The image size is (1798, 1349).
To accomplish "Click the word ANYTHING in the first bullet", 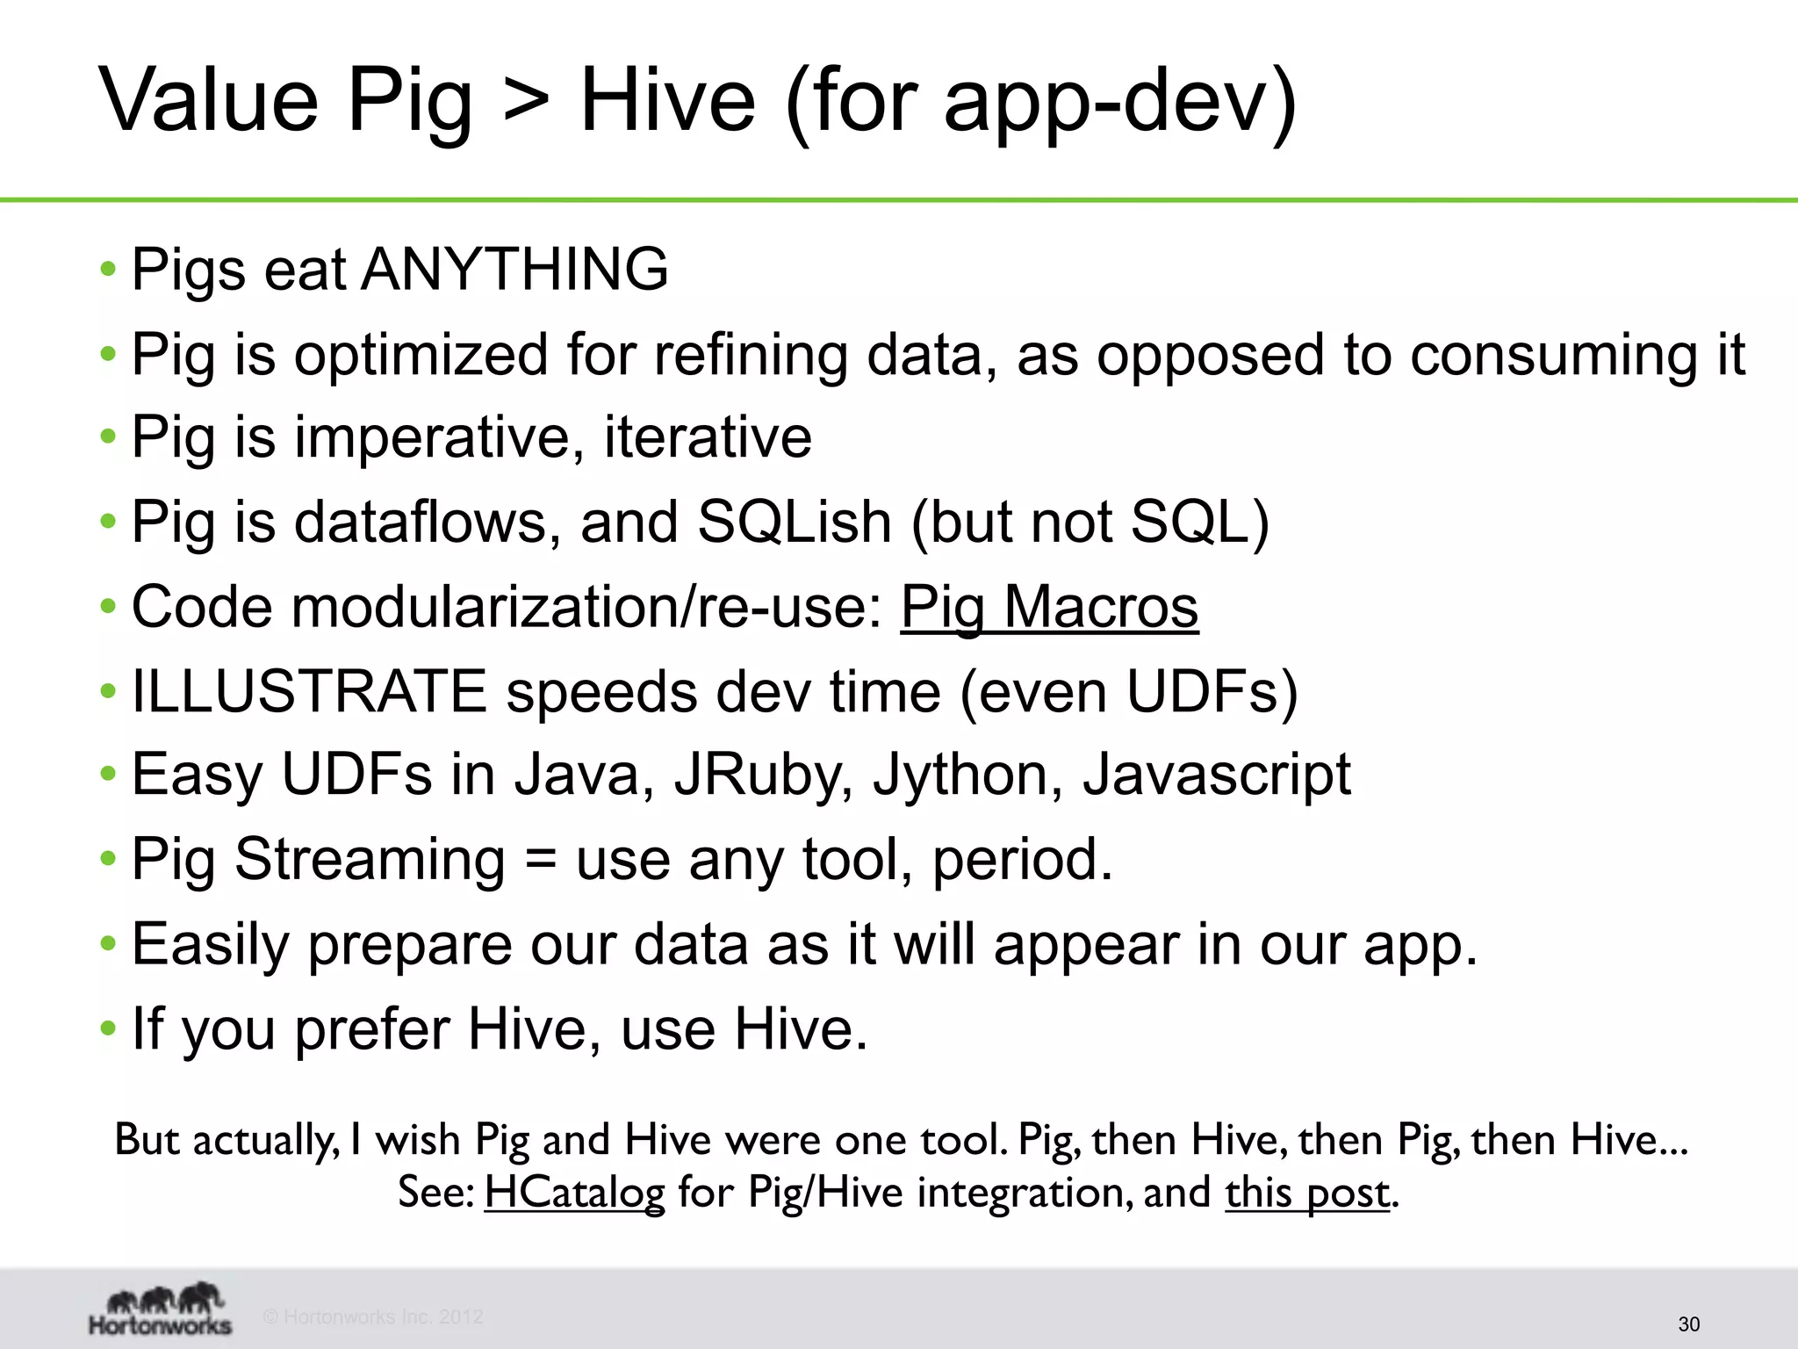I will pyautogui.click(x=514, y=269).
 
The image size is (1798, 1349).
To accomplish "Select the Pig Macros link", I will pyautogui.click(x=1049, y=607).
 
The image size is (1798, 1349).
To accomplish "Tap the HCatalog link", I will pyautogui.click(x=575, y=1193).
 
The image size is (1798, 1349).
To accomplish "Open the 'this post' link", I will pyautogui.click(x=1307, y=1193).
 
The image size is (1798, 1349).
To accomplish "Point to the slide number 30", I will pyautogui.click(x=1688, y=1324).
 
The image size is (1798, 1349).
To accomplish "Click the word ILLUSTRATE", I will pyautogui.click(x=309, y=691).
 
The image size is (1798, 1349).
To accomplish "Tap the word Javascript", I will pyautogui.click(x=1216, y=775).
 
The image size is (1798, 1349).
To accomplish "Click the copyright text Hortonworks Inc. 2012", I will pyautogui.click(x=374, y=1317).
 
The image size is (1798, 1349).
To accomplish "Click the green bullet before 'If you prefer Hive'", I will pyautogui.click(x=108, y=1028).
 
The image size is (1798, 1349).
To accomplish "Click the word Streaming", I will pyautogui.click(x=370, y=859).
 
